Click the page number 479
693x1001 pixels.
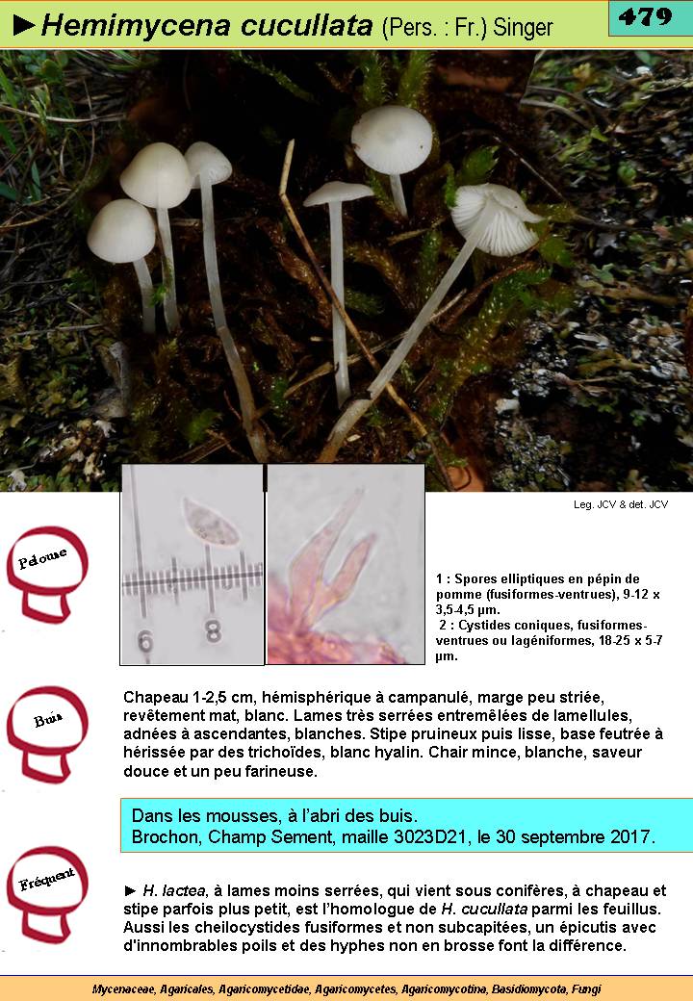pos(645,16)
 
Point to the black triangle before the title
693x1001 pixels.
pos(24,26)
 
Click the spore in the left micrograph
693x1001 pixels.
pos(211,523)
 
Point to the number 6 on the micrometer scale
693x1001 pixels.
pos(145,642)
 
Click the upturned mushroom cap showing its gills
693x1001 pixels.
pos(496,219)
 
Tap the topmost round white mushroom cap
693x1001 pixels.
pos(392,140)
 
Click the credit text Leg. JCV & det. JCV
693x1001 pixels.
pos(620,504)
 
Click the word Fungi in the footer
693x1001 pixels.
pos(586,988)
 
